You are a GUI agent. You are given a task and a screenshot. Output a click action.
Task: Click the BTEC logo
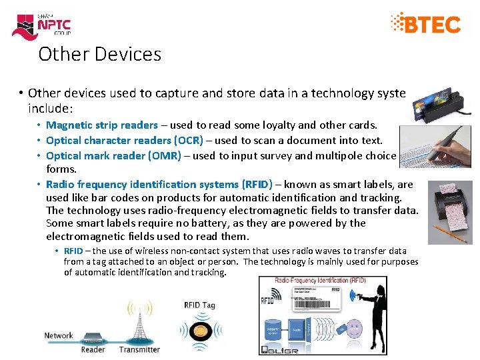coord(426,24)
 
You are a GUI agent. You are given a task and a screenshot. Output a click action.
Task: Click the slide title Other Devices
coord(99,53)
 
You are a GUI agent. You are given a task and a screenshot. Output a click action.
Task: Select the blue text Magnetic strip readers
coord(102,125)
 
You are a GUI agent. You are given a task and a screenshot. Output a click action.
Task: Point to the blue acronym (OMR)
coord(167,155)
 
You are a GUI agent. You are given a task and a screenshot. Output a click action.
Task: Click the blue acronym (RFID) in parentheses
coord(257,184)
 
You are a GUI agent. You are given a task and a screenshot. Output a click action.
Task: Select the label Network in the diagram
coord(59,335)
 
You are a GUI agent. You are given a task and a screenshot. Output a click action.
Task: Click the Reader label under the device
coord(93,349)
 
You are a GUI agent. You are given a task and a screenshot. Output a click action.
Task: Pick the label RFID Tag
coord(199,305)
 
